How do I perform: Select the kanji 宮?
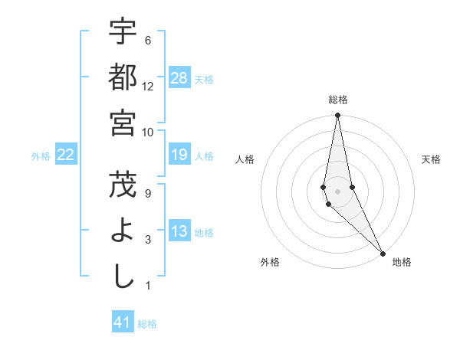pos(123,122)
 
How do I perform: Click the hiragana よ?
pos(123,231)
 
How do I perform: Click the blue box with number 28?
pos(179,77)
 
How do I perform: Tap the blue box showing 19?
pos(179,155)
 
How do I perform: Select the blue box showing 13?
pos(179,231)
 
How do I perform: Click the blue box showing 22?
pos(66,155)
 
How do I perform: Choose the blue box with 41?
pos(123,322)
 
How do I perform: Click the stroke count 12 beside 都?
pos(148,86)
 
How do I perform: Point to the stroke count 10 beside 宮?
pos(148,132)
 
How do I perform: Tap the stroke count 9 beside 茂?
pos(148,193)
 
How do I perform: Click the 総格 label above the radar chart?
pos(337,100)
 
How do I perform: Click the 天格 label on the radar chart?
pos(432,159)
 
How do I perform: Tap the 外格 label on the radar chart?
pos(270,262)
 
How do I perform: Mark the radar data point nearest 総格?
pos(337,116)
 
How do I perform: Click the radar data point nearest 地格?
pos(383,253)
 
